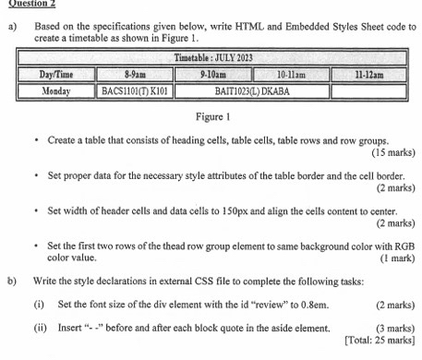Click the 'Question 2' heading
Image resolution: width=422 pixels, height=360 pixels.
[28, 4]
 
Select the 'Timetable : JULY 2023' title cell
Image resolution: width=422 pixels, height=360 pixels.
[213, 58]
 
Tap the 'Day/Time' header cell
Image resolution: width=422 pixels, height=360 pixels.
[57, 74]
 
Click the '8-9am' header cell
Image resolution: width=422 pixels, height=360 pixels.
[138, 74]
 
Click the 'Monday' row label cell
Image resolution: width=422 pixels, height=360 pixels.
[57, 92]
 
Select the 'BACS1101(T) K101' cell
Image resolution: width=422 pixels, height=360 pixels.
[138, 92]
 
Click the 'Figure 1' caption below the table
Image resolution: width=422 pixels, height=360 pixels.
[213, 117]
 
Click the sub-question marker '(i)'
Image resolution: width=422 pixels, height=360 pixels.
[39, 303]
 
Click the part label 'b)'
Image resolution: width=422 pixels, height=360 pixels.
[12, 279]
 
